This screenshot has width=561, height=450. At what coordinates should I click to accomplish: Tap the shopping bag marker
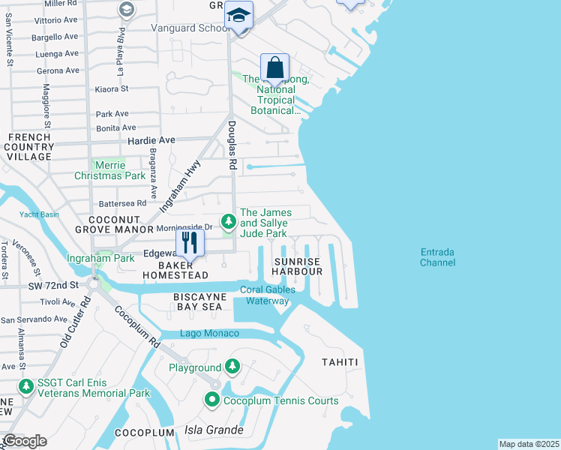tap(275, 68)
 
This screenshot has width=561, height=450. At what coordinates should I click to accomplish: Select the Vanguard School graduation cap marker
tap(239, 15)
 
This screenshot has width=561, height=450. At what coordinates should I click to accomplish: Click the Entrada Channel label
tap(437, 257)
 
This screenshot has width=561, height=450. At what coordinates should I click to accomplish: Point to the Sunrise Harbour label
tap(296, 266)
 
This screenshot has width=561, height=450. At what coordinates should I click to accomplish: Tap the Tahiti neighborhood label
tap(340, 363)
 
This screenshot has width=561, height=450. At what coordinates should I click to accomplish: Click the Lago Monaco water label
tap(209, 334)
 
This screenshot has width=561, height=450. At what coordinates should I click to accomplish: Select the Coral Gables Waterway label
tap(268, 295)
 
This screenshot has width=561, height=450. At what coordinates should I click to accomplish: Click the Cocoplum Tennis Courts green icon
tap(213, 400)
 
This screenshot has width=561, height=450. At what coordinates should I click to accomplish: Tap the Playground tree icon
tap(233, 367)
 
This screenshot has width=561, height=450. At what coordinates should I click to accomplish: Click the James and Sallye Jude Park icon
tap(228, 221)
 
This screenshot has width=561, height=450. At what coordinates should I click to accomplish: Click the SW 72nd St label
tap(54, 286)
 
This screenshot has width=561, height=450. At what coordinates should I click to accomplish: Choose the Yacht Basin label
tap(39, 214)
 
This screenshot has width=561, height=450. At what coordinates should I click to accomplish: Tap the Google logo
tap(25, 441)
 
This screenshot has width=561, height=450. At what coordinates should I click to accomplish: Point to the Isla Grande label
tap(214, 430)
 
